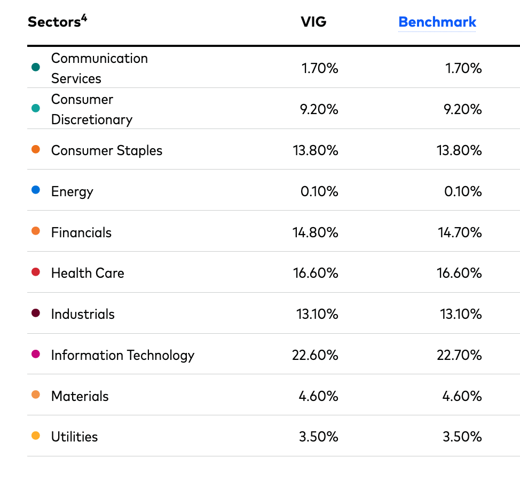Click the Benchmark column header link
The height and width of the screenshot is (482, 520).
click(437, 22)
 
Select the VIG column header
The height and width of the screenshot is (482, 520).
click(313, 22)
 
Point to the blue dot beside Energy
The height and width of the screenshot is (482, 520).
click(36, 190)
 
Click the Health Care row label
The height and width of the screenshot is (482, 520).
click(88, 274)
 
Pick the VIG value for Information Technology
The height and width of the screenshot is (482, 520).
click(315, 355)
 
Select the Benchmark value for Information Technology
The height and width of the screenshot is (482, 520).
click(459, 355)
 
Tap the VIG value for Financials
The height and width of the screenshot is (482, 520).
click(315, 232)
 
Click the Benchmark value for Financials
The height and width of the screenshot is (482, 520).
click(459, 232)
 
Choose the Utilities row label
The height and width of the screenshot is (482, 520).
click(74, 437)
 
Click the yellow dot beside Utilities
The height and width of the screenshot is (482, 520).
click(36, 436)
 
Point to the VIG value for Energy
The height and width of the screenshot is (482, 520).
click(319, 191)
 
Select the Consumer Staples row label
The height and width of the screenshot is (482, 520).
click(106, 151)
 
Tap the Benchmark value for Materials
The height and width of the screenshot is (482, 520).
click(462, 396)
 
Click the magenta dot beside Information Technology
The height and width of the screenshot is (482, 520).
click(36, 354)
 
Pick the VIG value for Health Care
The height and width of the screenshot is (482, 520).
click(315, 274)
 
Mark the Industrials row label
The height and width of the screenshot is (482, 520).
click(83, 314)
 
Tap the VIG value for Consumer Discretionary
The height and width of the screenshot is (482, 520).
click(319, 109)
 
